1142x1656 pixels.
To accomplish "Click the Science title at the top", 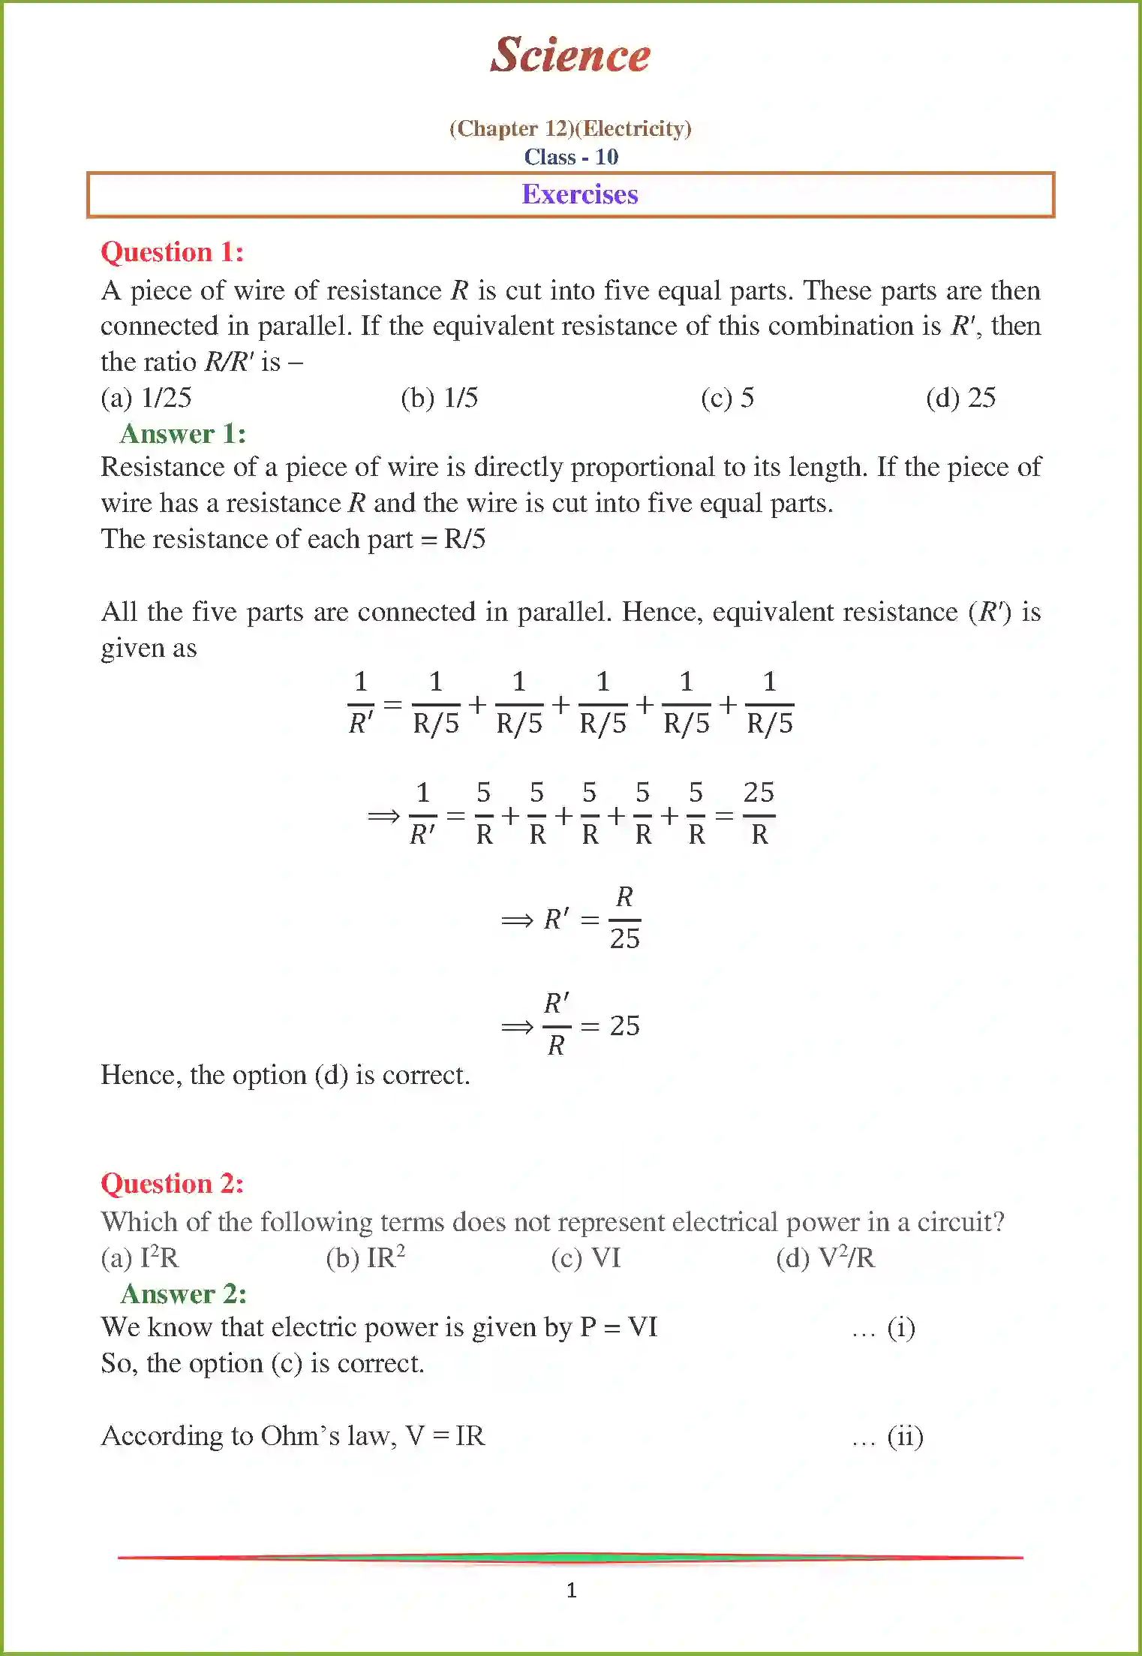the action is [570, 55].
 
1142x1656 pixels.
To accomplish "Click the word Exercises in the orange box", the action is [579, 194].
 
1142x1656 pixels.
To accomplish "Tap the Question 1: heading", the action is [173, 252].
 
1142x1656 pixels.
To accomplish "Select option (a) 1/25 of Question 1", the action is [146, 398].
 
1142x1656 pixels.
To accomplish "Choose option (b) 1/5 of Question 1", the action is [440, 398].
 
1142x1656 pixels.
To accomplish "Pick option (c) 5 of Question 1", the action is [727, 398].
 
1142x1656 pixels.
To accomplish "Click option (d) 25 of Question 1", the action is [960, 398].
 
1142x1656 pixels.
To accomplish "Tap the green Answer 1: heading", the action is [183, 434].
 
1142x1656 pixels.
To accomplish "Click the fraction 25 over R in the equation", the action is [759, 814].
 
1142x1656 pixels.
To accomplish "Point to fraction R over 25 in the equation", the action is [624, 918].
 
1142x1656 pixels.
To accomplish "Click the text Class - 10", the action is [571, 157].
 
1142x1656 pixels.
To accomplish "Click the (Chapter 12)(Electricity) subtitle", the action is [570, 128].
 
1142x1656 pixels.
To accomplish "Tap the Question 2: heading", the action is [173, 1184].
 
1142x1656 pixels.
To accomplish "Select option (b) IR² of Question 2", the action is [365, 1257].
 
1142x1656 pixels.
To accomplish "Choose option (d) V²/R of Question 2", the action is [825, 1257].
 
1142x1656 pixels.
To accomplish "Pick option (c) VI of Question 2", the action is [586, 1257].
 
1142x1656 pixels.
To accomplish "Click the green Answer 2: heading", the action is [183, 1294].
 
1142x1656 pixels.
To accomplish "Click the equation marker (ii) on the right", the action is [905, 1437].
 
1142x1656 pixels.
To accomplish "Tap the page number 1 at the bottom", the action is [571, 1590].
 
